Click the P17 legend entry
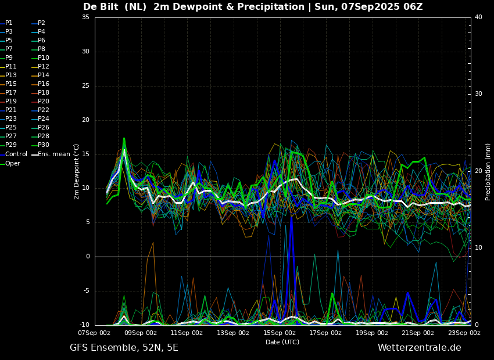[x=9, y=92]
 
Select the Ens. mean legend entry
[x=51, y=154]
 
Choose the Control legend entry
[x=13, y=154]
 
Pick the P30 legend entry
[x=41, y=145]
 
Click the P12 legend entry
[x=41, y=66]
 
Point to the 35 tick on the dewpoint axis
[x=85, y=17]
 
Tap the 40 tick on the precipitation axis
[x=478, y=17]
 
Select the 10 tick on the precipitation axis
[x=478, y=248]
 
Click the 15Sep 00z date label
[x=279, y=333]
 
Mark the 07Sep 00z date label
[x=94, y=333]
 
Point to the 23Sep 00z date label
[x=464, y=333]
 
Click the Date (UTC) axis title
[x=282, y=342]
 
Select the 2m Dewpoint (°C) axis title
[x=77, y=172]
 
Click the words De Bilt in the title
[x=101, y=6]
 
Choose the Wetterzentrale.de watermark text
[x=420, y=348]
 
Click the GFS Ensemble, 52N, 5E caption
[x=124, y=348]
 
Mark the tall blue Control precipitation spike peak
[x=292, y=217]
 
